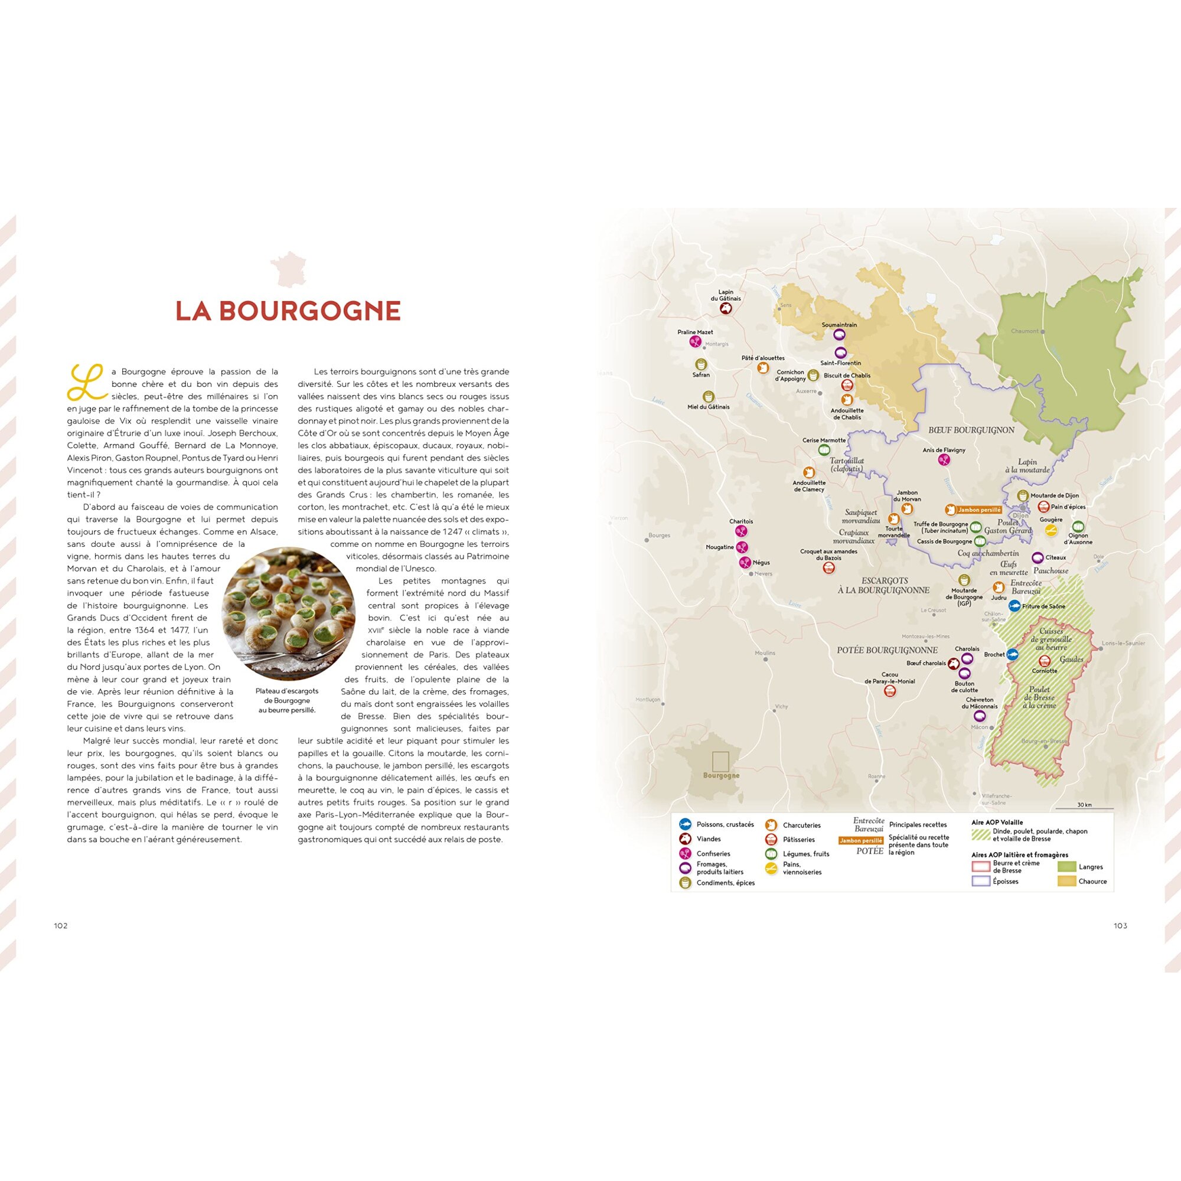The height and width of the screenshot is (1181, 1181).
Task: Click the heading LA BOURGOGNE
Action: tap(288, 311)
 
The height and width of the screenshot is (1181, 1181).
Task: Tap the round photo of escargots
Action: tap(288, 614)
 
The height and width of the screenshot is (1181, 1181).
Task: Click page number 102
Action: tap(60, 925)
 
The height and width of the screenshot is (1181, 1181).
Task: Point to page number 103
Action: tap(1120, 925)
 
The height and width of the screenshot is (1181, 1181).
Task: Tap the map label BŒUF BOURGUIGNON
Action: tap(971, 430)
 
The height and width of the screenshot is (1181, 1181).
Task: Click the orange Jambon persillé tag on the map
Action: tap(979, 510)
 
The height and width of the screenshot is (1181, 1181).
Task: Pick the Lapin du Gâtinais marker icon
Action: tap(726, 309)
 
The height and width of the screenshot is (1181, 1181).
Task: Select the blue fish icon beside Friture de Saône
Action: tap(1014, 606)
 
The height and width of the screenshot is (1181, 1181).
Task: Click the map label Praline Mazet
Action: tap(695, 332)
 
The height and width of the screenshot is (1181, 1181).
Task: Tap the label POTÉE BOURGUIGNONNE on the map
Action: tap(887, 650)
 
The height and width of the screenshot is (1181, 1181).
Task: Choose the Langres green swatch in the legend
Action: tap(1066, 867)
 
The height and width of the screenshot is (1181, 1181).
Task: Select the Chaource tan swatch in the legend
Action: tap(1066, 882)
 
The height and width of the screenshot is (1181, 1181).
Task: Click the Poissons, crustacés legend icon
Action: tap(685, 824)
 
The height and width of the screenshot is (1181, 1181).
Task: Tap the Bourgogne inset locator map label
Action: tap(722, 775)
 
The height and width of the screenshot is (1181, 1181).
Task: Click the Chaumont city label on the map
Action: tap(1025, 331)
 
